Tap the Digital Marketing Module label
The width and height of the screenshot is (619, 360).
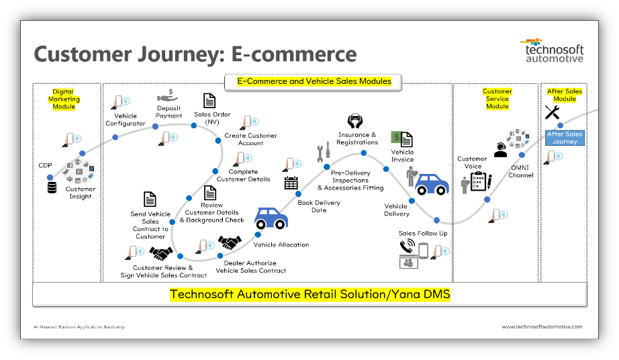64,99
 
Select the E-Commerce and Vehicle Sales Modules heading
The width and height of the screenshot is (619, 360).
314,81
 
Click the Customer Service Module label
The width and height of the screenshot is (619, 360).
497,99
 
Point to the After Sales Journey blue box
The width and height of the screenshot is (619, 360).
565,138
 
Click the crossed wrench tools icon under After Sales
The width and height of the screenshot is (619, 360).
553,112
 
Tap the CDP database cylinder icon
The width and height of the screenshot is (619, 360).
52,186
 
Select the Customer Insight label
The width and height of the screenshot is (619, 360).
81,193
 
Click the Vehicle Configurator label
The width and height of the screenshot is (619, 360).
126,120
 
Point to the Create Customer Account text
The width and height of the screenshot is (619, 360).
250,139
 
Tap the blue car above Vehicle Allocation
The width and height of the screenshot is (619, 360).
271,218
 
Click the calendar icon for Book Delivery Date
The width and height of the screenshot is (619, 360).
291,183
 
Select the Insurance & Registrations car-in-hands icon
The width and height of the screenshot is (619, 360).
355,122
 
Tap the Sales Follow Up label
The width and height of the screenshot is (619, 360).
423,233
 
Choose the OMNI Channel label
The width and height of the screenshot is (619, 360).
521,171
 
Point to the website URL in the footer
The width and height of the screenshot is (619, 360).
542,326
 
